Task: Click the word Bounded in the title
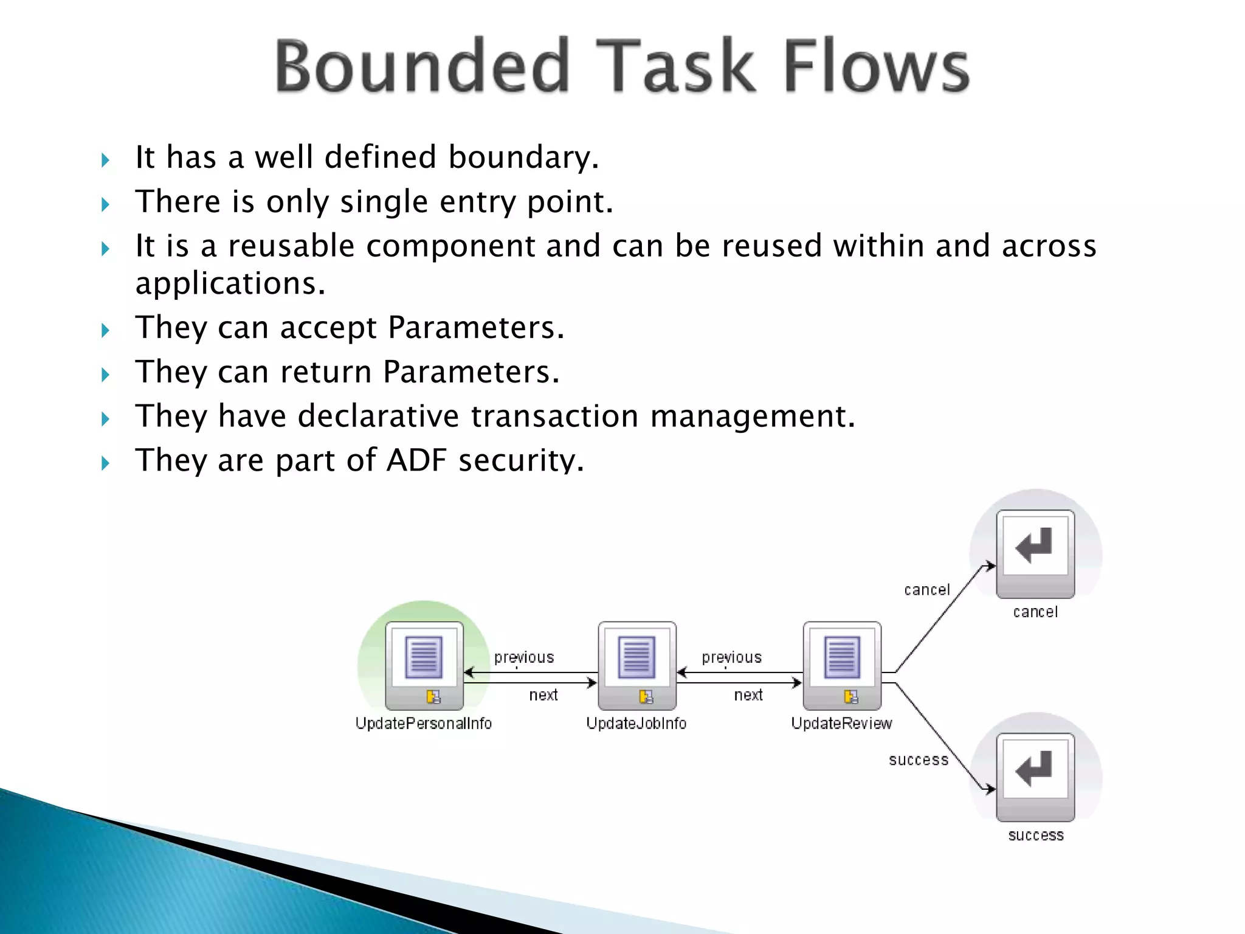422,66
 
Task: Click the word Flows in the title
875,66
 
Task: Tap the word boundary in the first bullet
523,157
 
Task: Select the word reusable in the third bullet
291,246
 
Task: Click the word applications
230,284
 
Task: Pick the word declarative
378,417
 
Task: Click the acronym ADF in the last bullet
416,460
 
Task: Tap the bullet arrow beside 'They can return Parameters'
105,375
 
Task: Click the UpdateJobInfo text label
636,724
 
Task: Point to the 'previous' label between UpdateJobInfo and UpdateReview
731,658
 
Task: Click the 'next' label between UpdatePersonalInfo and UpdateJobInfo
543,695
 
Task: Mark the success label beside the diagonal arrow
918,760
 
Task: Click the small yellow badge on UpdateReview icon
851,697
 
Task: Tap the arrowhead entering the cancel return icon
991,566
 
